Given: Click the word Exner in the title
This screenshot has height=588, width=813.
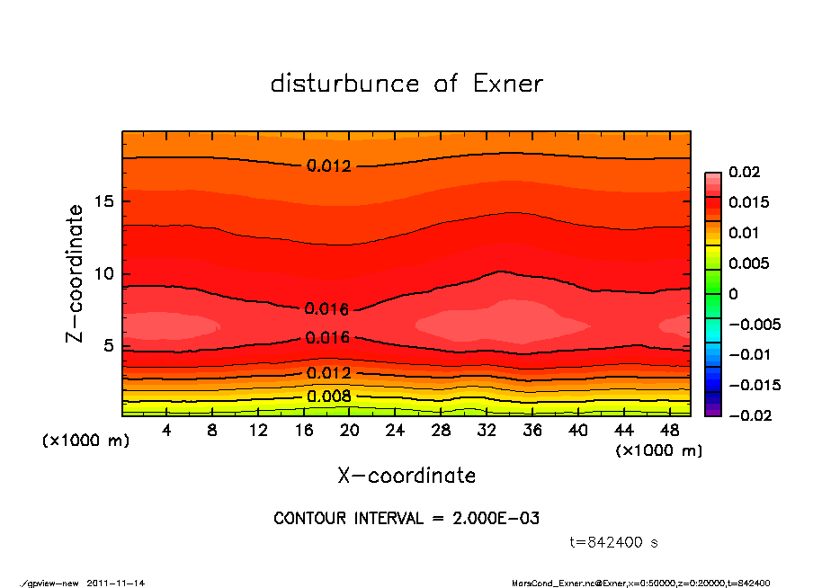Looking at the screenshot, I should tap(508, 84).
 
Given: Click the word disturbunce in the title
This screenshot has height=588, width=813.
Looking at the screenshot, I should tap(344, 84).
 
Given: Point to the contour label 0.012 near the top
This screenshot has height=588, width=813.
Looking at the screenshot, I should tap(328, 165).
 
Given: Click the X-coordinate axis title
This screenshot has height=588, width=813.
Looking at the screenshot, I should tap(406, 476).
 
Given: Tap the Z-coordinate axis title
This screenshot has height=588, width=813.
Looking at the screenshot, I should tap(76, 273).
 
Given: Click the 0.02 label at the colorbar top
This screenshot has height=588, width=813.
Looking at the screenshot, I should tap(746, 172).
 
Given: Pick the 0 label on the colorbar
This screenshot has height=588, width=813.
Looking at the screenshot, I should tap(733, 294).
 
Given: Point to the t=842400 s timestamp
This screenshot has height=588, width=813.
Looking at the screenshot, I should tap(614, 542).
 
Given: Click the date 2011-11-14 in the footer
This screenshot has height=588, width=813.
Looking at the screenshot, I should tap(116, 583).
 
